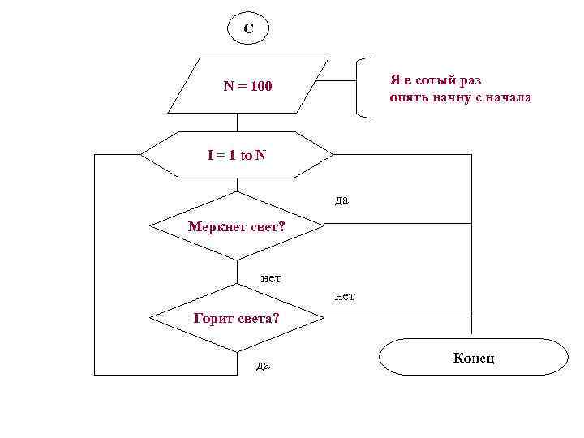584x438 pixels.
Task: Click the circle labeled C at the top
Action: [248, 28]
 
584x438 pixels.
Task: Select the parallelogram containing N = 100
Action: [247, 85]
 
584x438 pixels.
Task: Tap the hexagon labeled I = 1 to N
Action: [236, 154]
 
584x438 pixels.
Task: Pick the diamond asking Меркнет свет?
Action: [236, 226]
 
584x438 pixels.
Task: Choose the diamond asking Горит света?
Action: [237, 318]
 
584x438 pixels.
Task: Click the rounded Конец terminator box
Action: [474, 357]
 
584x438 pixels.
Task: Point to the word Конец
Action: [474, 358]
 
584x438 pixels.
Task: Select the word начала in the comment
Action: [509, 97]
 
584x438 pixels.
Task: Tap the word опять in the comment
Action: [410, 97]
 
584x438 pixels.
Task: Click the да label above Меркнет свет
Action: [341, 200]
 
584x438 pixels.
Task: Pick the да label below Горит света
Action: [263, 366]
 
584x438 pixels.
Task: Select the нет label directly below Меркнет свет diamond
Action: [271, 278]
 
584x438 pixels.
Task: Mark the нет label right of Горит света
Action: [345, 297]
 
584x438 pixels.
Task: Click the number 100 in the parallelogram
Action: [261, 86]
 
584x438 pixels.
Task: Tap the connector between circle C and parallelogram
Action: [247, 49]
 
